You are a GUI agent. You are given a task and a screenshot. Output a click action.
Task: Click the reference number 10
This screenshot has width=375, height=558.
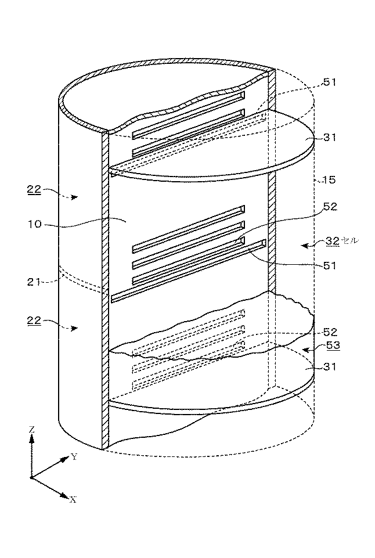(34, 224)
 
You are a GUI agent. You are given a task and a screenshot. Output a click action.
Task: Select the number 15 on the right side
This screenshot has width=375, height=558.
(329, 180)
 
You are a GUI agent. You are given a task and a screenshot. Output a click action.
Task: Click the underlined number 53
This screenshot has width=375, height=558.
(333, 345)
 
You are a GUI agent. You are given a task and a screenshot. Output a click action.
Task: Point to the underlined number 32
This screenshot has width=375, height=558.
(333, 241)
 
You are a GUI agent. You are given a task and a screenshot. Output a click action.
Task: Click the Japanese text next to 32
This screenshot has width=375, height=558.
(350, 241)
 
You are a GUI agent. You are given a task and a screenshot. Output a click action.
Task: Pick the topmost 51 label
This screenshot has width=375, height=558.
(329, 82)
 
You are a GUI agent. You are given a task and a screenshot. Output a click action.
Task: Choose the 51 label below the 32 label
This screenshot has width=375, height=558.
(329, 265)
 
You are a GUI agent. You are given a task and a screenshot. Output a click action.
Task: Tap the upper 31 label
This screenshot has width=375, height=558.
(330, 137)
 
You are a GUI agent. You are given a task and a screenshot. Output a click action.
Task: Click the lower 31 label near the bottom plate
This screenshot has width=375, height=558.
(330, 366)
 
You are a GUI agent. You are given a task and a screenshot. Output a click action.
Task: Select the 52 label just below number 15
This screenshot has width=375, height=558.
(330, 207)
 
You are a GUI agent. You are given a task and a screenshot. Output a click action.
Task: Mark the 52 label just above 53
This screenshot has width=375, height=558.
(330, 332)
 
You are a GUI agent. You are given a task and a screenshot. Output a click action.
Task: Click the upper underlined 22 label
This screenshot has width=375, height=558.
(34, 190)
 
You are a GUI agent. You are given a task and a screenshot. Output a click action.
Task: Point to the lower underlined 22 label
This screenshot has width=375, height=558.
(34, 321)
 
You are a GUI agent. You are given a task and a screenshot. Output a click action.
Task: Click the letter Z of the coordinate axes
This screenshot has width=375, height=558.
(32, 430)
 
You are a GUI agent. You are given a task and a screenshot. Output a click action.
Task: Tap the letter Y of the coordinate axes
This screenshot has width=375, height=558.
(74, 457)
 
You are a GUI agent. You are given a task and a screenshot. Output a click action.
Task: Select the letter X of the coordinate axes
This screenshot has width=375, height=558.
(73, 499)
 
